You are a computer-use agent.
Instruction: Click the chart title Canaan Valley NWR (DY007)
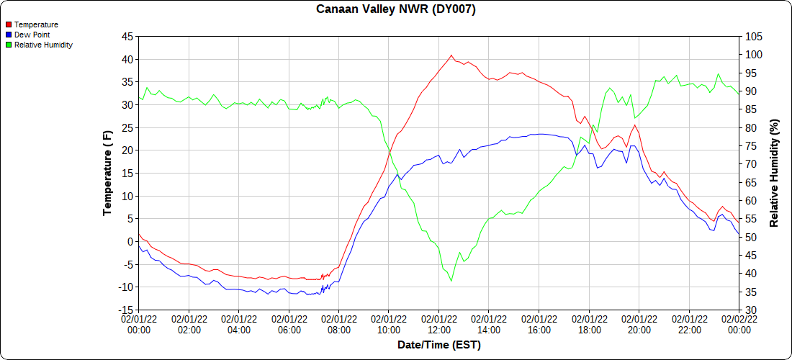coord(396,9)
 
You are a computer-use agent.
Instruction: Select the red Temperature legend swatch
coord(9,25)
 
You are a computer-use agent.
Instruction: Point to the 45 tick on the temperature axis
coord(127,37)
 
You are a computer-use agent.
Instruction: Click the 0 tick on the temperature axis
coord(130,242)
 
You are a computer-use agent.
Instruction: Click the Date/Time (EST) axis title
coord(439,346)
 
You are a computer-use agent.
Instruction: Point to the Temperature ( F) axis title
coord(107,173)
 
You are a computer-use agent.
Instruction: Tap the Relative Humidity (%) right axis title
coord(775,173)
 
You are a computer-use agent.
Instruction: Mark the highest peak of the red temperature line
coord(451,55)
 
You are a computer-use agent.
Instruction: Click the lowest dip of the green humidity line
coord(451,281)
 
